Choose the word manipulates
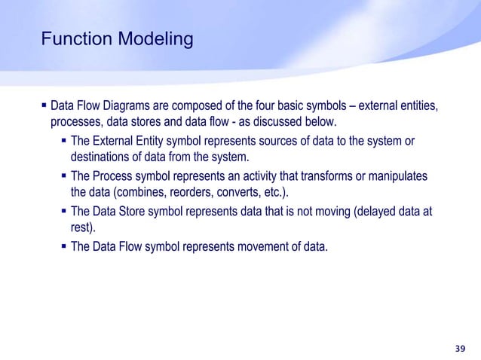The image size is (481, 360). point(400,176)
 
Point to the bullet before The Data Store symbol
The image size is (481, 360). point(64,212)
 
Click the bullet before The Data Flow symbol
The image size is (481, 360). point(64,246)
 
